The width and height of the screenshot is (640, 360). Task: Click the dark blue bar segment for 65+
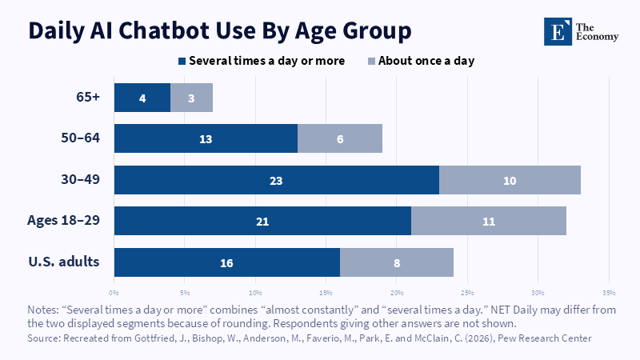point(142,98)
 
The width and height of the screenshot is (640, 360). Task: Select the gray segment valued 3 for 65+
point(191,98)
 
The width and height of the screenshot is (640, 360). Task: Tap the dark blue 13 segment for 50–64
point(206,138)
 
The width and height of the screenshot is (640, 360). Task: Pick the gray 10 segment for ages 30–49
point(510,180)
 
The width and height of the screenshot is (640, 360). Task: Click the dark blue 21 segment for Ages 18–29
point(262,221)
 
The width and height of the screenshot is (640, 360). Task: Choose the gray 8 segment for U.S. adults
point(397,262)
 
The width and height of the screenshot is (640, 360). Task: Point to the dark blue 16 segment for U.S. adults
point(227,262)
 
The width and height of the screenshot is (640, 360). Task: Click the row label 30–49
point(81,179)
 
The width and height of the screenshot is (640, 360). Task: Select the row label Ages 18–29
point(64,221)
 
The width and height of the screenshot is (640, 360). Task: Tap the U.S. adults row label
point(64,262)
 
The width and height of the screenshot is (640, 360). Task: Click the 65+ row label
point(88,97)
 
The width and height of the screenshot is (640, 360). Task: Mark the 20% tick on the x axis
point(397,293)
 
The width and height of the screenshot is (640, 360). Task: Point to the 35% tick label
point(609,293)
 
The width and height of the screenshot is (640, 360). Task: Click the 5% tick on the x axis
point(185,293)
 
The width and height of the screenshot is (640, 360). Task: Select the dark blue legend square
point(182,62)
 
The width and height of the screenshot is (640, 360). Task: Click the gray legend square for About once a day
point(371,62)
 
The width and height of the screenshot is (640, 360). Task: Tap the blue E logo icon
point(558,31)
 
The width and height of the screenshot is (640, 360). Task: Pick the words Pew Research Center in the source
point(545,338)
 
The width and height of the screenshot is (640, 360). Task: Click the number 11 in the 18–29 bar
point(489,222)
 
